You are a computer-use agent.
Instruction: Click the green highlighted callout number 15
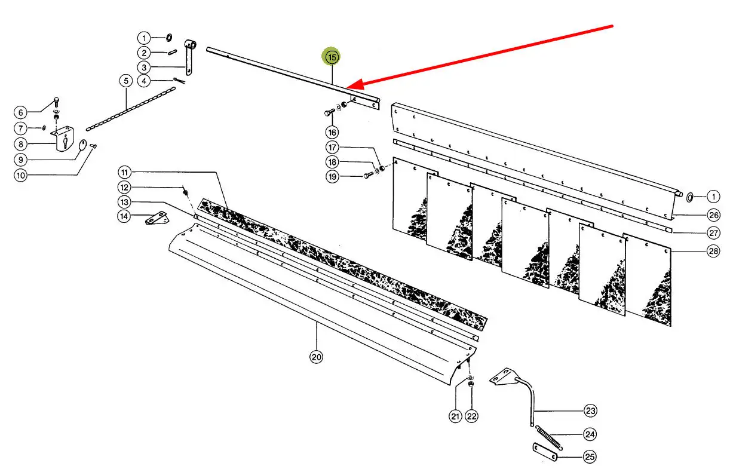tap(332, 57)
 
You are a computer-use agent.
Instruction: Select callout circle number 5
tap(125, 81)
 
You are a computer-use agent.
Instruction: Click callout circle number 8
tap(21, 144)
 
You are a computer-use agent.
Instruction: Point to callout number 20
tap(316, 357)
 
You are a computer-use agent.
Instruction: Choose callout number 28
tap(713, 251)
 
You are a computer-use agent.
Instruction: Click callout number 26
tap(713, 215)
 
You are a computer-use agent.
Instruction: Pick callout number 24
tap(590, 434)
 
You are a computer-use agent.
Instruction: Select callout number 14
tap(124, 216)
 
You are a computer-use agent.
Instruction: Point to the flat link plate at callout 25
tap(545, 452)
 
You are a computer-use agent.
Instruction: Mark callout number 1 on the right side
tap(713, 196)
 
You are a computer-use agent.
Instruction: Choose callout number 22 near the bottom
tap(472, 416)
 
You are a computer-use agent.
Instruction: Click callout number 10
tap(21, 176)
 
